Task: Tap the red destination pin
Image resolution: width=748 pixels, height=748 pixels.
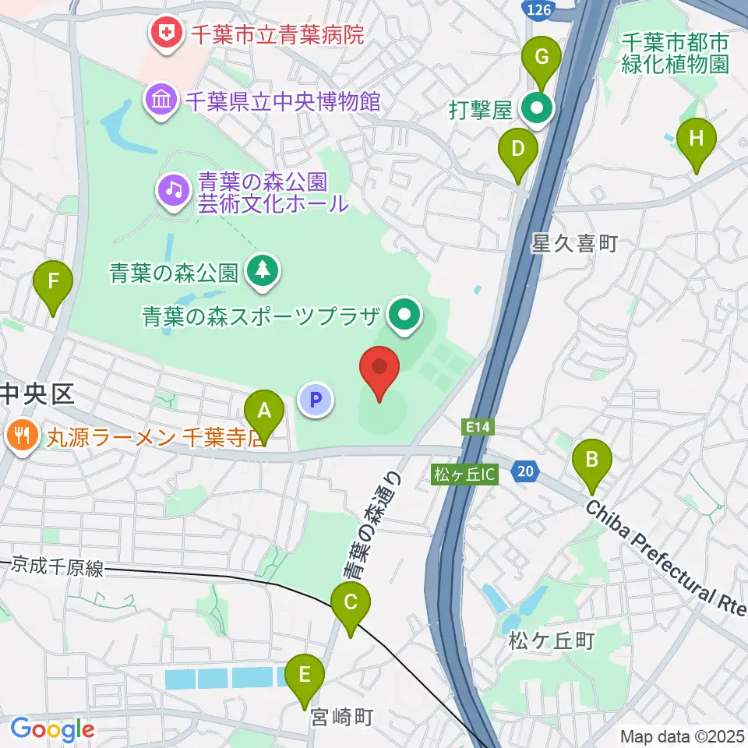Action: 379,370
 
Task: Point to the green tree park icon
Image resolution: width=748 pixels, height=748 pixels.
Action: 262,271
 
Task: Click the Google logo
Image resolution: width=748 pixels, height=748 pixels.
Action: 52,730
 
